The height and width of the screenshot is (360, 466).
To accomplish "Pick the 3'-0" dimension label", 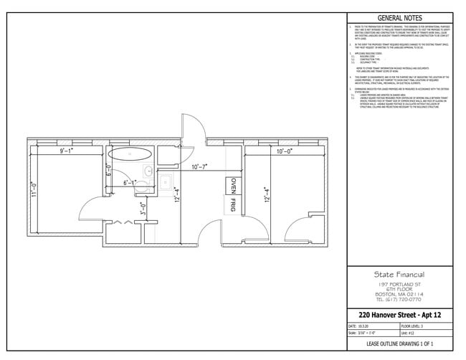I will click(143, 209).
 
